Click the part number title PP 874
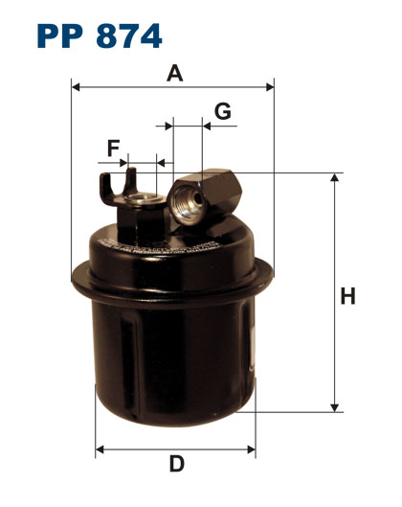pos(100,35)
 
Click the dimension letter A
pos(175,73)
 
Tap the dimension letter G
pos(223,111)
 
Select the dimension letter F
pos(113,148)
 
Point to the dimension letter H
pos(347,296)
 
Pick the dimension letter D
pos(177,464)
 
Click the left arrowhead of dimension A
pos(76,87)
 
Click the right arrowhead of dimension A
pos(270,87)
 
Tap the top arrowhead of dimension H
pos(335,177)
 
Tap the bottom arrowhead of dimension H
pos(335,408)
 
